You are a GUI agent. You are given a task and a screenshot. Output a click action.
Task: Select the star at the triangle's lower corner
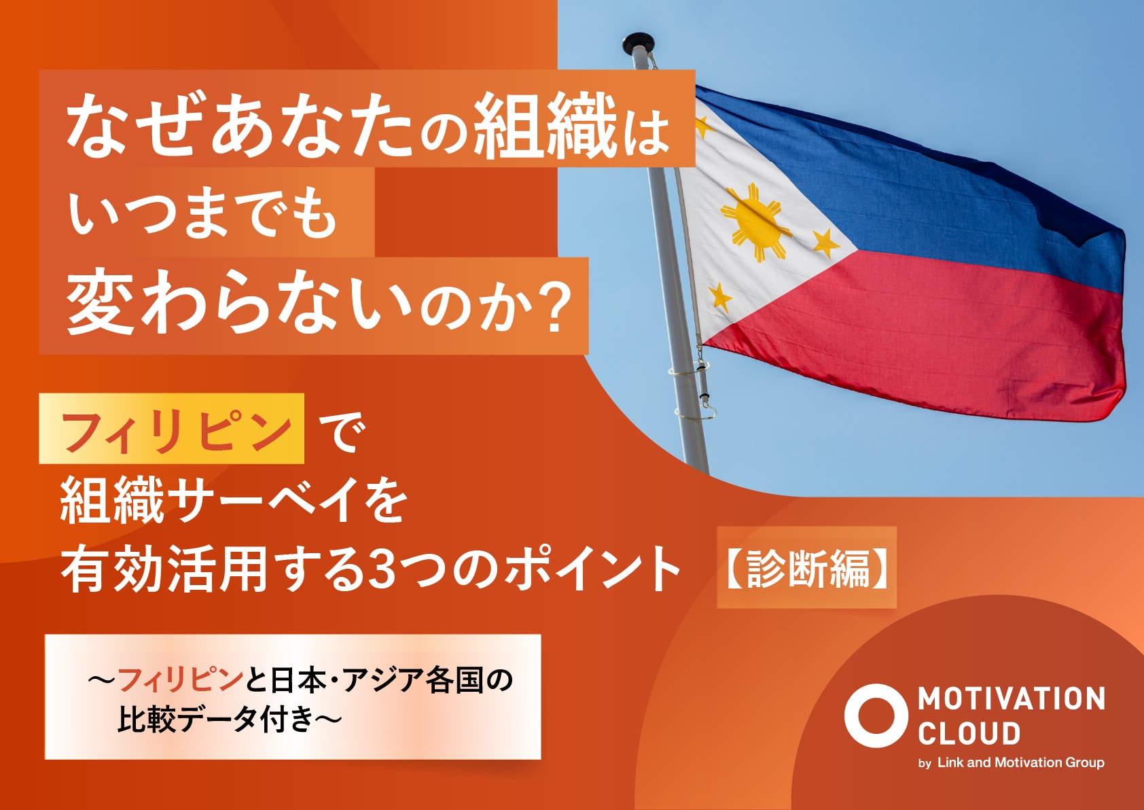[x=720, y=297]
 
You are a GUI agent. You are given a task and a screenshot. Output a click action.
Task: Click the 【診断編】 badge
[x=806, y=567]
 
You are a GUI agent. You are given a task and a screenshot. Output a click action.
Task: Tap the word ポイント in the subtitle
[x=592, y=569]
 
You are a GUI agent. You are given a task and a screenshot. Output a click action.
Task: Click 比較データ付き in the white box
[x=215, y=720]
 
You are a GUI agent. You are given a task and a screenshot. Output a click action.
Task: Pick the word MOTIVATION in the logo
[x=1012, y=699]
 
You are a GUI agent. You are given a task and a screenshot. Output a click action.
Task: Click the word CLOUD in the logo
[x=969, y=735]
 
